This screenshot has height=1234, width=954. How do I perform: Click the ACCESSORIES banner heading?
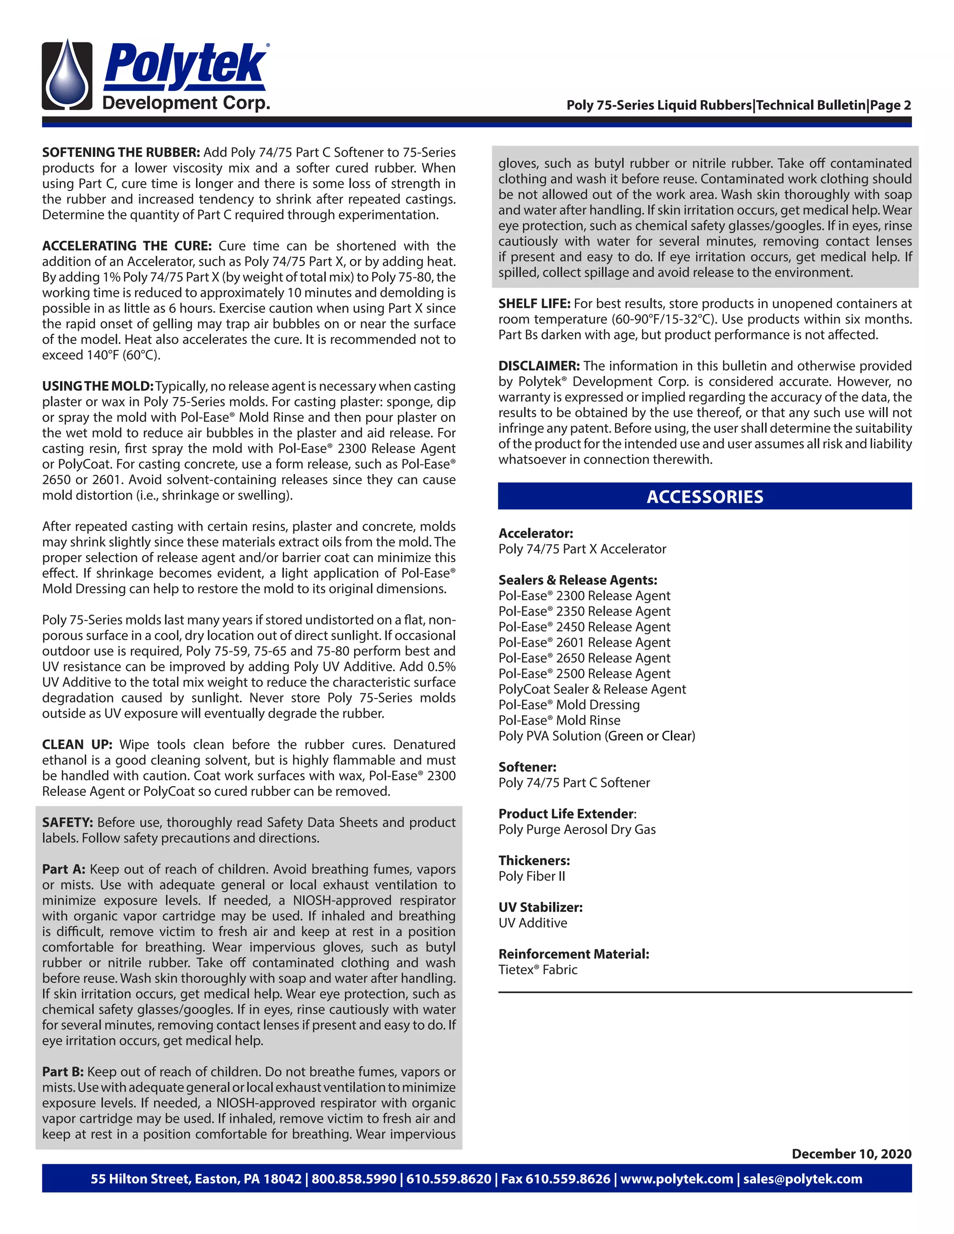[704, 497]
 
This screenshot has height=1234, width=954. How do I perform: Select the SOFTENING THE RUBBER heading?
[121, 153]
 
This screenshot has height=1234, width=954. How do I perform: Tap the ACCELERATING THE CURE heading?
[127, 246]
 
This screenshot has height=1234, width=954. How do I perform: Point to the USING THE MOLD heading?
[98, 386]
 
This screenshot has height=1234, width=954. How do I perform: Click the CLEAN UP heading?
[77, 744]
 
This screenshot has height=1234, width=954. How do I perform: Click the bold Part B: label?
[63, 1072]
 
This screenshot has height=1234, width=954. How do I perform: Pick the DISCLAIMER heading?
[538, 366]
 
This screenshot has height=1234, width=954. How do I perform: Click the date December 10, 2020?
[851, 1154]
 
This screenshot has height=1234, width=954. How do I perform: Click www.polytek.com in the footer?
[676, 1179]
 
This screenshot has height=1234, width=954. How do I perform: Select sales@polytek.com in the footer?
[803, 1179]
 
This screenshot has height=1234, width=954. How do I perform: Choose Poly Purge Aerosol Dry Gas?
[577, 829]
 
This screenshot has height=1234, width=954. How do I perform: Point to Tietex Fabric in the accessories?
[538, 970]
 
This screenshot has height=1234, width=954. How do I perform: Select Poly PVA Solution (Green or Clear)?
[596, 736]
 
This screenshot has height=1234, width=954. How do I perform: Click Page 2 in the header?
[891, 106]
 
